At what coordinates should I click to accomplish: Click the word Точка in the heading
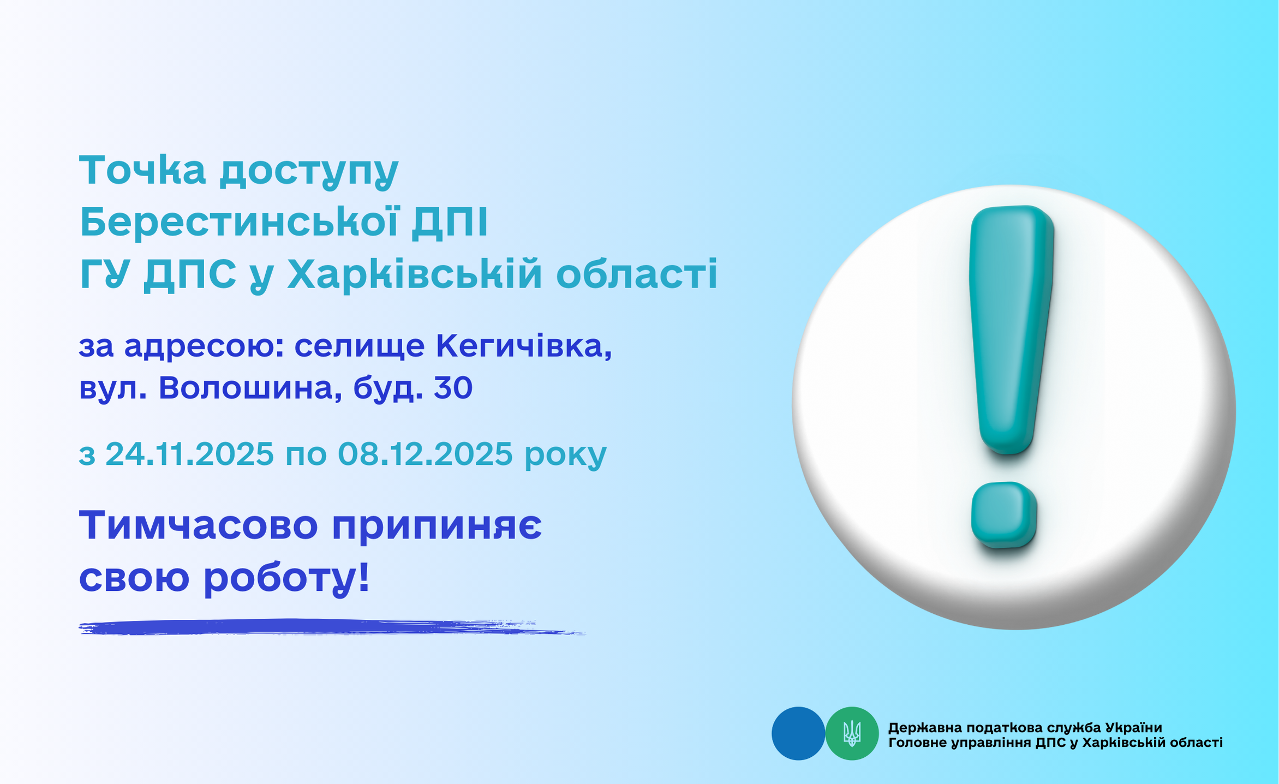tap(142, 170)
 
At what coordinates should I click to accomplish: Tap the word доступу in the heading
tap(309, 172)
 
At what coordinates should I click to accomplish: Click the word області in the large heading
tap(637, 274)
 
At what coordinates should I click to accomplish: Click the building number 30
tap(453, 388)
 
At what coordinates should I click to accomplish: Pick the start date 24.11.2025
tap(189, 453)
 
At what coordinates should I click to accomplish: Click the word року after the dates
tap(565, 456)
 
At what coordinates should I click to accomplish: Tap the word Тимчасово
tap(199, 525)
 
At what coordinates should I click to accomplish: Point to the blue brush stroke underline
tap(332, 627)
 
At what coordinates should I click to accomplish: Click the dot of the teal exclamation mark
tap(1004, 514)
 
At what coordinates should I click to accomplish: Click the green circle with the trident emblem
tap(852, 733)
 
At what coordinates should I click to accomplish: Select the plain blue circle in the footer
tap(798, 733)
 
